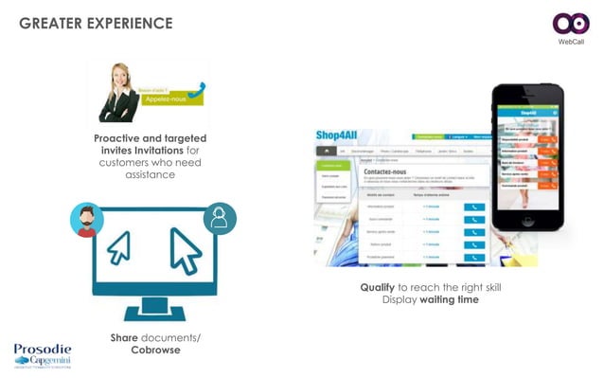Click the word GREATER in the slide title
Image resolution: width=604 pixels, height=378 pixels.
tap(51, 23)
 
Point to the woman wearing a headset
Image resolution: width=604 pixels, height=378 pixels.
tap(121, 90)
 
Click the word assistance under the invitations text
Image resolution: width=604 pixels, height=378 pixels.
tap(151, 175)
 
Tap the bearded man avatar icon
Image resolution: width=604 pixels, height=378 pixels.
tap(86, 219)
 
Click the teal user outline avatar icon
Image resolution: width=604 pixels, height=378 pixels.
tap(220, 220)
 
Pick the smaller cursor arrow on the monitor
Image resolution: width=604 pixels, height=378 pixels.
tap(118, 247)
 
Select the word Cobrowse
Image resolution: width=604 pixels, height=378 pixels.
tap(154, 351)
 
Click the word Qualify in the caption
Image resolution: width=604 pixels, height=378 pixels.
tap(377, 287)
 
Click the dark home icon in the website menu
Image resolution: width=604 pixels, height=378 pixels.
tap(328, 151)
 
